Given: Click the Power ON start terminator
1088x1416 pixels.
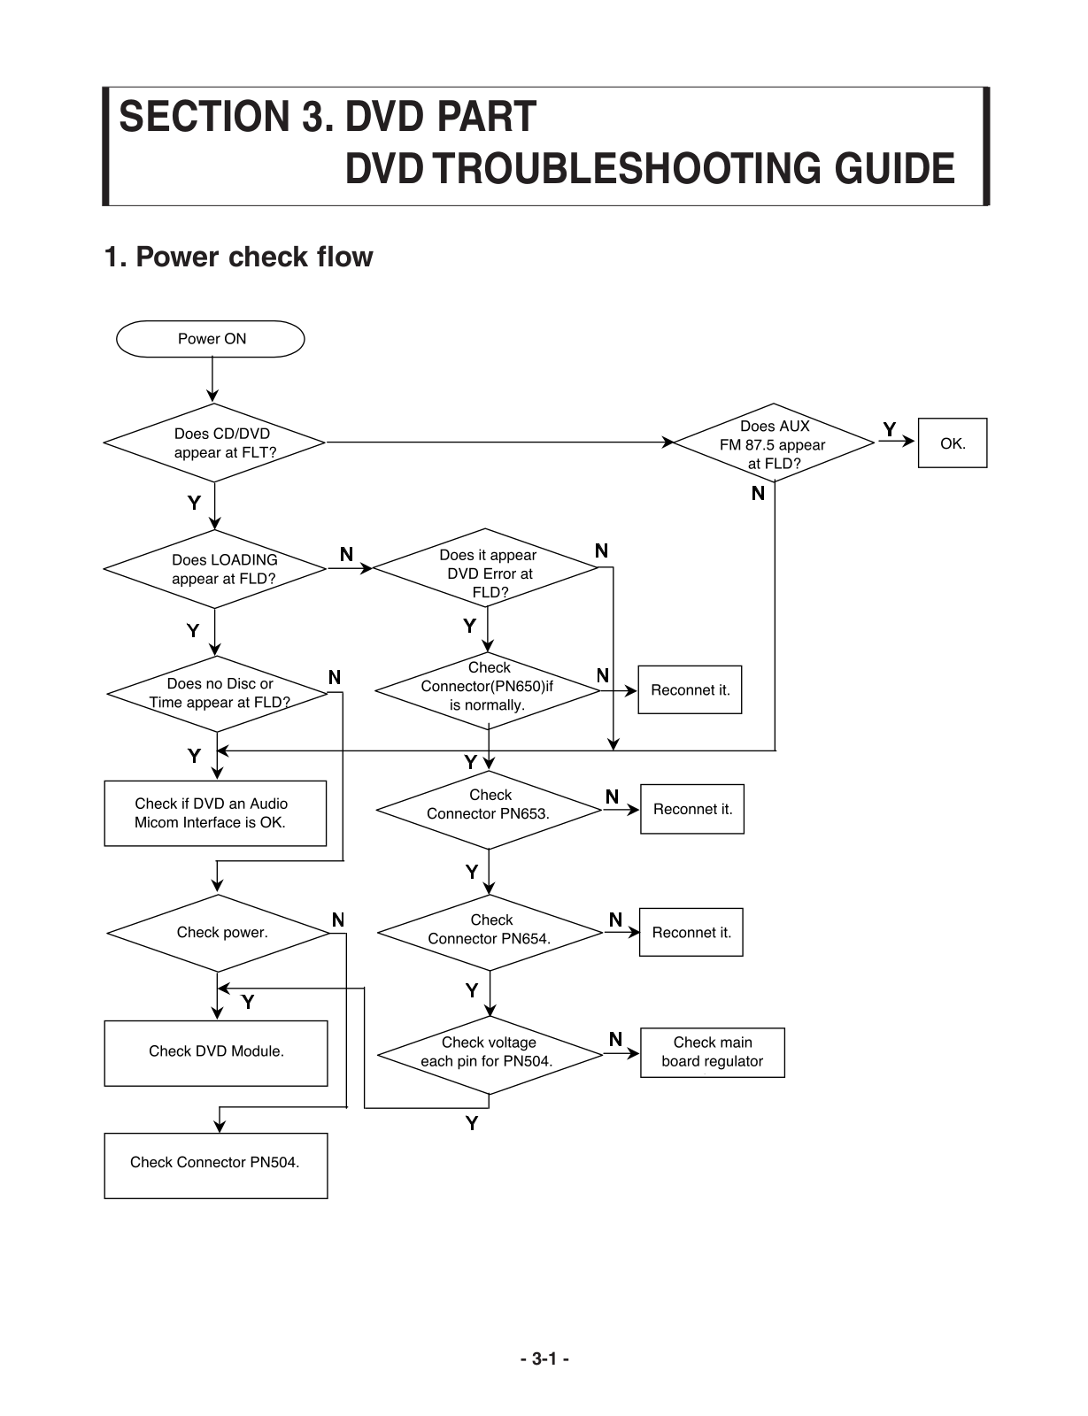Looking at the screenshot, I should (211, 339).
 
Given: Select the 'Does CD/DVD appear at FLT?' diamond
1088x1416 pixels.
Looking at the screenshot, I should (214, 442).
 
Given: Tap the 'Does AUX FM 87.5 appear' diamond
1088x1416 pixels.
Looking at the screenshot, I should (774, 443).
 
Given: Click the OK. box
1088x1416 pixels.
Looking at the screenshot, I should (953, 443).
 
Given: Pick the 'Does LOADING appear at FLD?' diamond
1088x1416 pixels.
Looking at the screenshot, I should (215, 569).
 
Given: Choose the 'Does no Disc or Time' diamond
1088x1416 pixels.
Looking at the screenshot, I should (218, 693).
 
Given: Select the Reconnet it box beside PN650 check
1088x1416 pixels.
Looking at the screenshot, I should (690, 690).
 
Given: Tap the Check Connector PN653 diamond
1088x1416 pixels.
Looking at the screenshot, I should (489, 809).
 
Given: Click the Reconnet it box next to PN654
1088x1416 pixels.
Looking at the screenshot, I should (691, 933).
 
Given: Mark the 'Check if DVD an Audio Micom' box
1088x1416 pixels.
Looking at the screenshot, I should (215, 813).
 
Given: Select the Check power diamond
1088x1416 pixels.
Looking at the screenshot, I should (219, 933).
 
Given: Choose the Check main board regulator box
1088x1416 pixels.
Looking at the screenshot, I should (712, 1052).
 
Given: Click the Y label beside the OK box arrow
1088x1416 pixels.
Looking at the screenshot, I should (890, 429).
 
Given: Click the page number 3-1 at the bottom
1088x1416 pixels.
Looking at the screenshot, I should (544, 1359).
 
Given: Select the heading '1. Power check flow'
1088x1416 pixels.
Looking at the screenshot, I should (239, 258).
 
